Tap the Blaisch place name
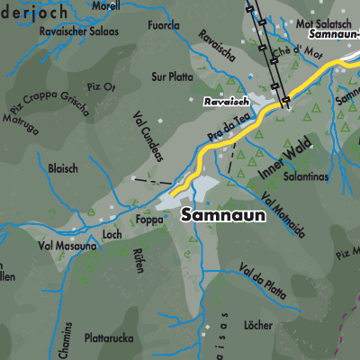coord(63,168)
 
